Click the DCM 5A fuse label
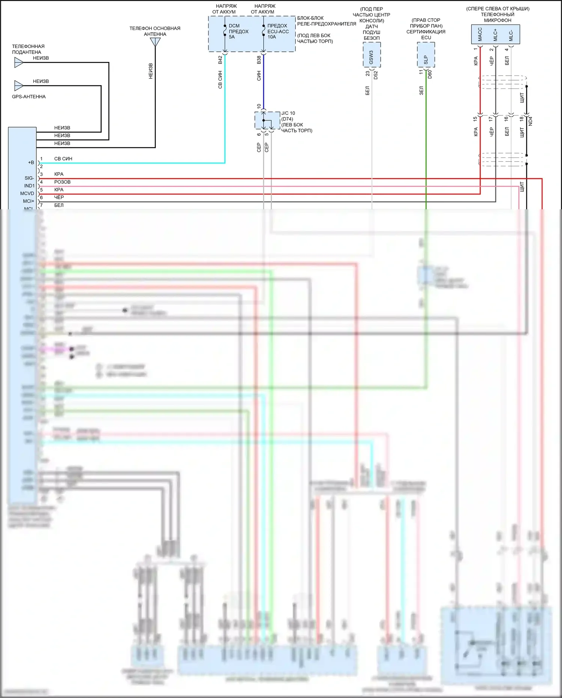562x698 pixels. tap(238, 32)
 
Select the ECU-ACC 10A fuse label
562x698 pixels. tap(278, 32)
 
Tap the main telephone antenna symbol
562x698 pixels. tap(155, 42)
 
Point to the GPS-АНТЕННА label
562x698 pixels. tap(29, 97)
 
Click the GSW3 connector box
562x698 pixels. tap(372, 55)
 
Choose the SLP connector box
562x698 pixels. tap(426, 55)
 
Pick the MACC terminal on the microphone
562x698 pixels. tap(480, 35)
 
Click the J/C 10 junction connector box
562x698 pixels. tap(267, 120)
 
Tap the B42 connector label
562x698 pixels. tap(220, 60)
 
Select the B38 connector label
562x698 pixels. tap(259, 60)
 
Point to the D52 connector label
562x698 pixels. tap(376, 75)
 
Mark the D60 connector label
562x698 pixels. tap(430, 74)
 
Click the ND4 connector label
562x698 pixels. tap(530, 121)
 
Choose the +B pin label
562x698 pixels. tap(31, 163)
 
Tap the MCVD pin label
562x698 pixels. tap(27, 194)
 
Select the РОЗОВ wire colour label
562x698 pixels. tap(62, 182)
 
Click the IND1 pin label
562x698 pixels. tap(29, 186)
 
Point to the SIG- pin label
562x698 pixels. tap(29, 178)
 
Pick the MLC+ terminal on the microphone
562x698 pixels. tap(495, 35)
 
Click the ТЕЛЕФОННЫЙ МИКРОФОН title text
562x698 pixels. tap(498, 17)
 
